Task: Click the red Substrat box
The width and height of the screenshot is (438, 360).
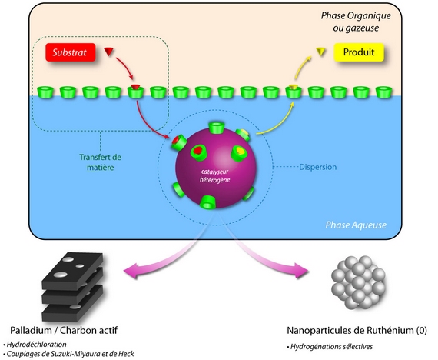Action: coord(71,52)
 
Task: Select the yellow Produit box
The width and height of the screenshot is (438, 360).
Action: coord(359,52)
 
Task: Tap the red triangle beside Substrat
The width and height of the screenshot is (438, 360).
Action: coord(108,52)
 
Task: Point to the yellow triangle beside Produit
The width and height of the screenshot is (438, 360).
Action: coord(321,52)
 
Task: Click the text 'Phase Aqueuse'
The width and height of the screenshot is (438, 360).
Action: coord(356,225)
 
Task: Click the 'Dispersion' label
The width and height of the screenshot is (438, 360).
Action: coord(318,167)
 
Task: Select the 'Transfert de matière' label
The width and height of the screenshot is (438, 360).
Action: coord(101,162)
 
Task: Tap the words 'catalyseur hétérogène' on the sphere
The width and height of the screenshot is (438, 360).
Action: coord(215,175)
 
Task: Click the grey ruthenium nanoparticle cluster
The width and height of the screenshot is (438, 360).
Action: coord(358,282)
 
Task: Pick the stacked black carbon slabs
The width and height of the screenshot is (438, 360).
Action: coord(73,286)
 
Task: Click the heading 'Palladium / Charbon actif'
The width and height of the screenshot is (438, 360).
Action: coord(64,330)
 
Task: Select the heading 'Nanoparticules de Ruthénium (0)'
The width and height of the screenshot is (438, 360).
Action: coord(357,330)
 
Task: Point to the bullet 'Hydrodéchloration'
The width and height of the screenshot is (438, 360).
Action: coord(35,345)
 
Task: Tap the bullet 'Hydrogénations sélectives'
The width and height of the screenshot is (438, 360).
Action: coord(330,347)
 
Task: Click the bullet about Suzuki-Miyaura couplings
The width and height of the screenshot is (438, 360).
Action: coord(68,354)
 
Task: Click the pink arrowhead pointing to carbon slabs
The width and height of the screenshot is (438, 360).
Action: coord(131,271)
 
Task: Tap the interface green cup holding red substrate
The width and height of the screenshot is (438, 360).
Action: coord(135,92)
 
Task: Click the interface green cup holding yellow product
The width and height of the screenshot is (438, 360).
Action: coord(294,92)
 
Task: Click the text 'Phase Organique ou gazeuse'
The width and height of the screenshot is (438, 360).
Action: coord(356,22)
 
